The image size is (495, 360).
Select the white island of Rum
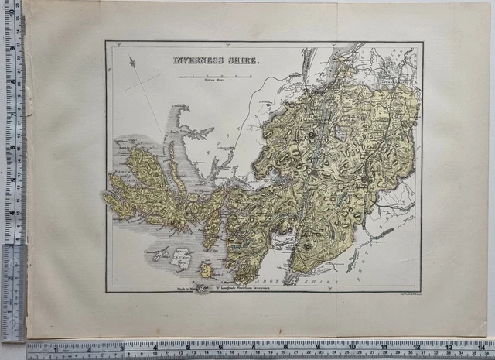[183, 259]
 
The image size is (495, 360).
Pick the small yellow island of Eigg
[207, 270]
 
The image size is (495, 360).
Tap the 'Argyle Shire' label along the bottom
[309, 280]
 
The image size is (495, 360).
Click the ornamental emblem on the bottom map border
[201, 288]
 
